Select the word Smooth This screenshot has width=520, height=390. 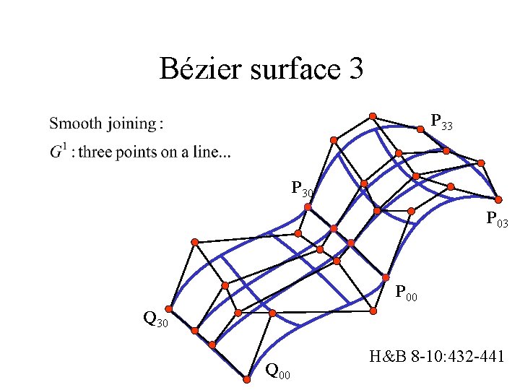point(75,123)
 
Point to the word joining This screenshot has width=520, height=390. point(133,124)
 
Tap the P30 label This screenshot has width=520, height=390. point(302,190)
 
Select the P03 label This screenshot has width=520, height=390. point(497,219)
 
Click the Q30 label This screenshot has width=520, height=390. point(155,318)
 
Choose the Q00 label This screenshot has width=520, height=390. point(278,372)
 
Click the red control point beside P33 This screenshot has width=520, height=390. point(420,129)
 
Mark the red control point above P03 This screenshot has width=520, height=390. point(498,199)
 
